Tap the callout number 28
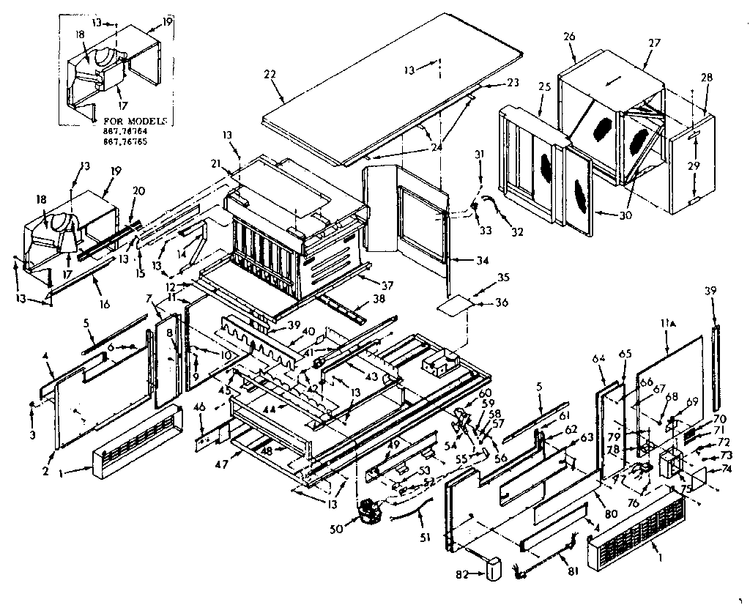[706, 77]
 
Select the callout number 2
[45, 472]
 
